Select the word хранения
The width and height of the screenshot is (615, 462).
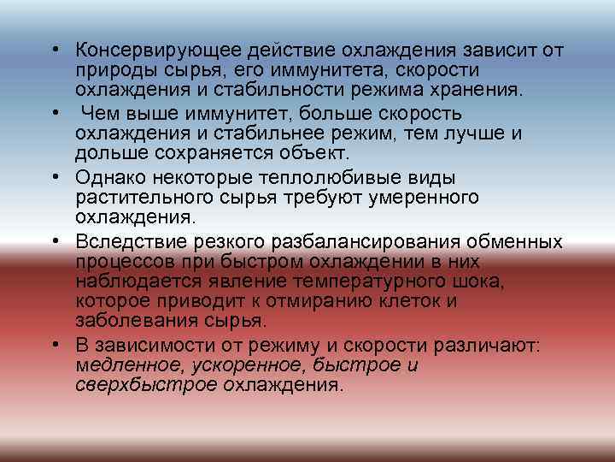(x=470, y=90)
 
